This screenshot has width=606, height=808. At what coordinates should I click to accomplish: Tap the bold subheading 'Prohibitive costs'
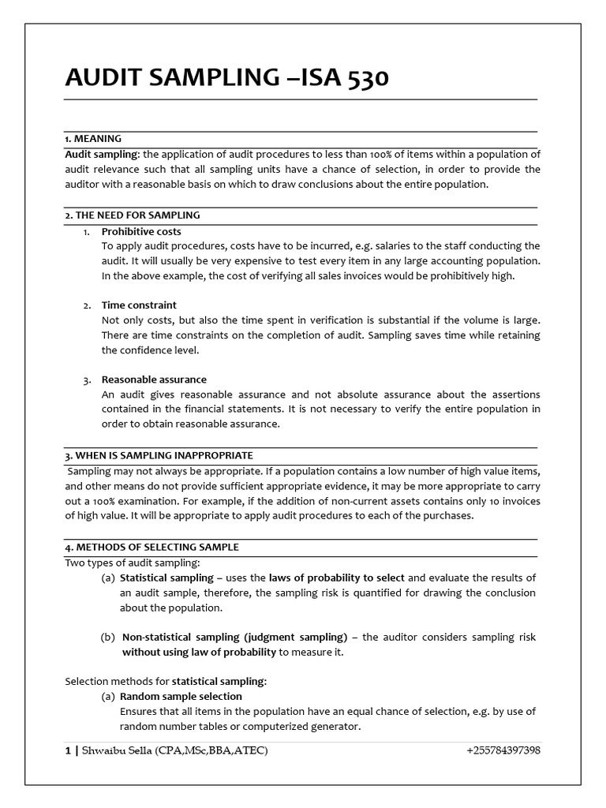pos(141,231)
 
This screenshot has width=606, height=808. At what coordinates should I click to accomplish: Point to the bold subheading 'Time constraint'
pos(139,305)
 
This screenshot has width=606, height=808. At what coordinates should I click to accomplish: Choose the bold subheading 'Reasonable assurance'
pos(154,380)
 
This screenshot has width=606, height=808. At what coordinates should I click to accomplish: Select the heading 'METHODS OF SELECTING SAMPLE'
pos(155,547)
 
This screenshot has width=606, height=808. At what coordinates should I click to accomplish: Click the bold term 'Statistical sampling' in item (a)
pos(166,578)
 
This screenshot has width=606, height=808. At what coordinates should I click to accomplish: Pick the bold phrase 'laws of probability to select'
pos(337,578)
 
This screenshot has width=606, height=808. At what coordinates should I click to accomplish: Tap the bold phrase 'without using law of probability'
pos(198,653)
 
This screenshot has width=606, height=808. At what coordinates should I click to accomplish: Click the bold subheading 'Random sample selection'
pos(181,697)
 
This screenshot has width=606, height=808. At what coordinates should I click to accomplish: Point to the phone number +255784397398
pos(503,750)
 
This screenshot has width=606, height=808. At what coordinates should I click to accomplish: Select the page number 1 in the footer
pos(68,750)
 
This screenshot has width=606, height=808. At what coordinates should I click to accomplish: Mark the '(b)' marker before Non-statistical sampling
pos(108,637)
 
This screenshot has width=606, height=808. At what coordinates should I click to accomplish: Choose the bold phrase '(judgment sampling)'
pos(296,637)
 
